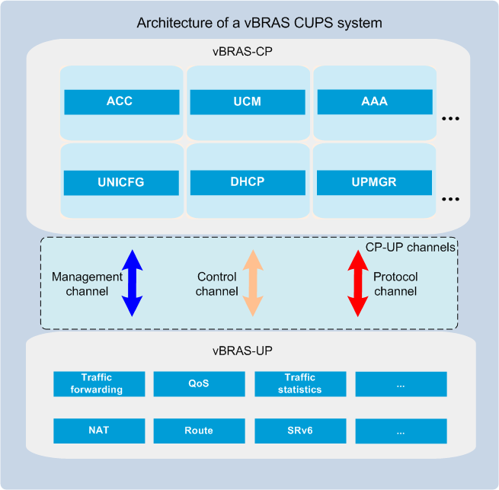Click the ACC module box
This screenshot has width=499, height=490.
pyautogui.click(x=122, y=102)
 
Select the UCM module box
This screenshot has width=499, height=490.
pyautogui.click(x=248, y=102)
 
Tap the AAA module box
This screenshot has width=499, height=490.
pyautogui.click(x=375, y=102)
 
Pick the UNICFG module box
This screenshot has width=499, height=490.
pyautogui.click(x=121, y=183)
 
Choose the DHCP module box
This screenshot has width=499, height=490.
pyautogui.click(x=248, y=182)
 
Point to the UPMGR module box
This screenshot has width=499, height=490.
pyautogui.click(x=374, y=182)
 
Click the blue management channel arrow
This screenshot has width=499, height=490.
pyautogui.click(x=133, y=283)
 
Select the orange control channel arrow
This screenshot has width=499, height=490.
pyautogui.click(x=253, y=283)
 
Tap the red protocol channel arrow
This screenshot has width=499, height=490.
pyautogui.click(x=358, y=283)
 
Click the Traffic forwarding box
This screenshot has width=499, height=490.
pyautogui.click(x=99, y=384)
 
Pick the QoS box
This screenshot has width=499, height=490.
pyautogui.click(x=199, y=384)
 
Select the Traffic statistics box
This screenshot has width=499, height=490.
pyautogui.click(x=300, y=384)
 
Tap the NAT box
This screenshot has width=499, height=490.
pyautogui.click(x=99, y=431)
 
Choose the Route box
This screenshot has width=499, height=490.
pyautogui.click(x=199, y=431)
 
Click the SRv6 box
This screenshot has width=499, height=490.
pyautogui.click(x=300, y=431)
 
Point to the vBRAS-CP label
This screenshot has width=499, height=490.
pyautogui.click(x=242, y=52)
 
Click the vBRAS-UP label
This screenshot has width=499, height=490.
pyautogui.click(x=242, y=351)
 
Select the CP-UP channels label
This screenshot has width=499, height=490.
pyautogui.click(x=410, y=248)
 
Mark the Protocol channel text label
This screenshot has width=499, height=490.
pyautogui.click(x=395, y=284)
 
